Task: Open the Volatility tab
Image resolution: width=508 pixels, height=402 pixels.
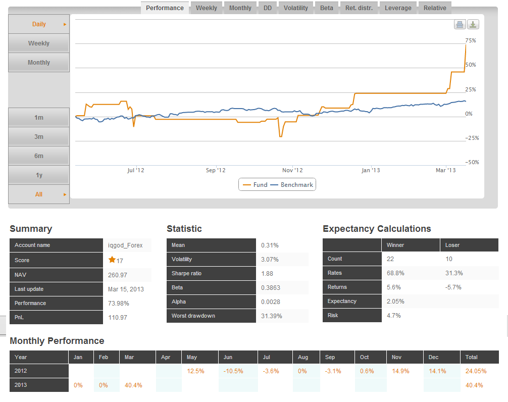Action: [295, 8]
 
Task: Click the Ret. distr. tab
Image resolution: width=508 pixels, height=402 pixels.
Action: [359, 8]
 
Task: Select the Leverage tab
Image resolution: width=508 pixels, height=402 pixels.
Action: [398, 8]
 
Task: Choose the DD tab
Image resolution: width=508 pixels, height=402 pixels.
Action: [268, 8]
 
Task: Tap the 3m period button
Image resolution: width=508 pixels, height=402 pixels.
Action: [39, 137]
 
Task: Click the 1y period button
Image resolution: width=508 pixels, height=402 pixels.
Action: [39, 175]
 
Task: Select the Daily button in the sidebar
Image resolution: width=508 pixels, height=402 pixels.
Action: [39, 24]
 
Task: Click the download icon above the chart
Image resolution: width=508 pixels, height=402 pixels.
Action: [473, 24]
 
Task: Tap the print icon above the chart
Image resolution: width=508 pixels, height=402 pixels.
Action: [460, 24]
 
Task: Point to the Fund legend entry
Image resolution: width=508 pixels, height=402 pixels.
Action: [256, 185]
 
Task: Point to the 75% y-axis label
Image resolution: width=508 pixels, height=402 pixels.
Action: [471, 40]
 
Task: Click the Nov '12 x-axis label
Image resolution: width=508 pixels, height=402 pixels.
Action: [292, 170]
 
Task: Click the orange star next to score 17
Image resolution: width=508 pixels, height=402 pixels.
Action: [112, 260]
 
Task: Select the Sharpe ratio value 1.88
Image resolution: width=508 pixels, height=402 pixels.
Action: [267, 273]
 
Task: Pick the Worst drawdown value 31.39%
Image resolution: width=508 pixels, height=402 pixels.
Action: [272, 316]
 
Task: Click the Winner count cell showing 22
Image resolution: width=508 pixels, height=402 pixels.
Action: [390, 259]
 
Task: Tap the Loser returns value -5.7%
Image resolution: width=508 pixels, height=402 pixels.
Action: [453, 287]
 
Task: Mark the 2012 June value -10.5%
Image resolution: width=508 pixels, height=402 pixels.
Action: [233, 371]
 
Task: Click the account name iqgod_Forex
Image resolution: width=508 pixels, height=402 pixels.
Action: [125, 245]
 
